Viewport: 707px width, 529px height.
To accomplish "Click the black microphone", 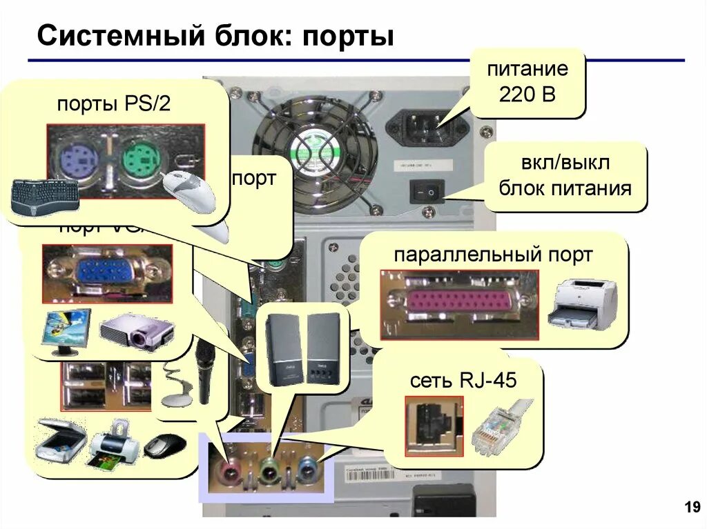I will click(x=205, y=372).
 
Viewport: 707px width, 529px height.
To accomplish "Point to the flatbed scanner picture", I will click(x=60, y=439).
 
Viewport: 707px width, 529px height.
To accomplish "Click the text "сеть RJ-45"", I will click(x=463, y=380).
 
